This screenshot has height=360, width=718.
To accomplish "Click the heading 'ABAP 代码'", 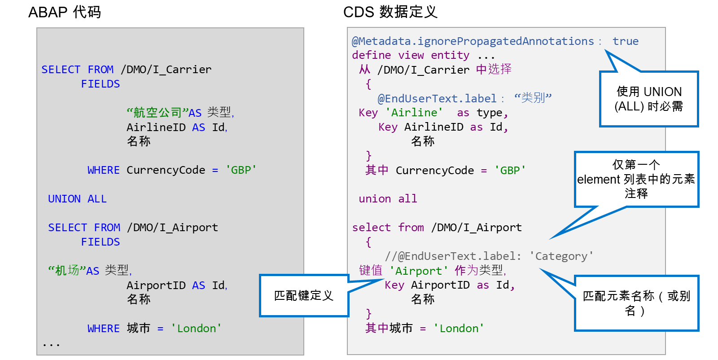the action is (x=65, y=13).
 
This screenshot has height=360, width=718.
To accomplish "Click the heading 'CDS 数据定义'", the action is (x=390, y=12).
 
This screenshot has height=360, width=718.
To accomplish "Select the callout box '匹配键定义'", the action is (x=303, y=295).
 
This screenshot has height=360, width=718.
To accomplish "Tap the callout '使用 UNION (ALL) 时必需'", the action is (x=649, y=99).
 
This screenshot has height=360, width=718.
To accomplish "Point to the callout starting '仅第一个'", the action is (x=636, y=179).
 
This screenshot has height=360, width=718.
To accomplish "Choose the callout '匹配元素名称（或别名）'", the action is (x=636, y=303).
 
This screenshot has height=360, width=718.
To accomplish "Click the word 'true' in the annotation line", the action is (x=626, y=41).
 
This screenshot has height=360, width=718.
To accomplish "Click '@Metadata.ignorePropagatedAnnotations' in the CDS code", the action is (x=473, y=41).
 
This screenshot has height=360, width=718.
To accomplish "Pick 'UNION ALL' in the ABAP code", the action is (x=77, y=199).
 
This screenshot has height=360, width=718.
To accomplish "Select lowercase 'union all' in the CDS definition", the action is (x=388, y=199).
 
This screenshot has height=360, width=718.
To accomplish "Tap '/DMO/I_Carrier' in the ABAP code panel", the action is (x=166, y=70).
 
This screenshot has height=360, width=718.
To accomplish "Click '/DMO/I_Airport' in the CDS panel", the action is (x=476, y=228).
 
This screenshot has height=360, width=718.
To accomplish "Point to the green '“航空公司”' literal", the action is (x=158, y=113).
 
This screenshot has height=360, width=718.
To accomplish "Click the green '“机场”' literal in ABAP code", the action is (x=67, y=271).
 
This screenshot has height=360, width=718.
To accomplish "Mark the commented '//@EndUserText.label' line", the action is (x=489, y=256).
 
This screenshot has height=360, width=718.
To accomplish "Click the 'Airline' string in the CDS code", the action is (x=414, y=113).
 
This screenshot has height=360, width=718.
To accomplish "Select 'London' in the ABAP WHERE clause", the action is (x=196, y=328).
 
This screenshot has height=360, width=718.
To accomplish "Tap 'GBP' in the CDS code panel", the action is (x=510, y=170).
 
